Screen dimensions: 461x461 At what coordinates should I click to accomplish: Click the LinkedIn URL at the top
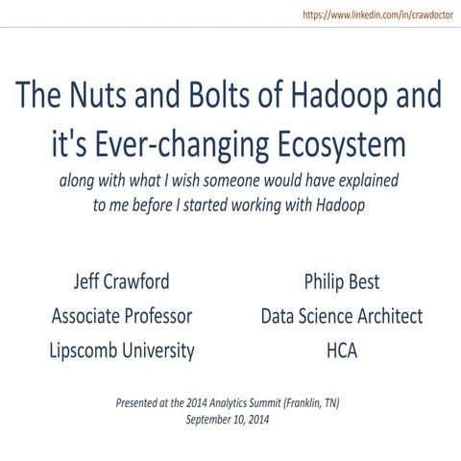tap(377, 15)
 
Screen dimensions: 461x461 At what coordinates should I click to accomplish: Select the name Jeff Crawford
tap(121, 283)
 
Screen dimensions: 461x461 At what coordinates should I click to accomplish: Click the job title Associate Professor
tap(122, 316)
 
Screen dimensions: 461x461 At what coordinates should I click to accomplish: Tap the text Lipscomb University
tap(122, 350)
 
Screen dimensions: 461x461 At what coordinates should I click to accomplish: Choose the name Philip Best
tap(341, 283)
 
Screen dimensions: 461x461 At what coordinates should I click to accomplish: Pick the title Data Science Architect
tap(341, 316)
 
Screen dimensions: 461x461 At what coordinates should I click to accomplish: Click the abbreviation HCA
tap(342, 350)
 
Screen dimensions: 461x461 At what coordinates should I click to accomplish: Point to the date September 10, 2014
tap(228, 419)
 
